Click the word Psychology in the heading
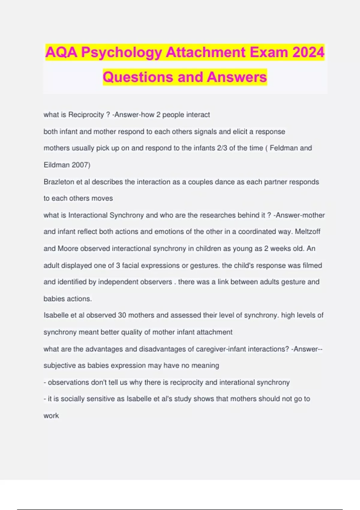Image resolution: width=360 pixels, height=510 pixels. click(121, 53)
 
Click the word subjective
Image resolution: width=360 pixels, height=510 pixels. click(60, 365)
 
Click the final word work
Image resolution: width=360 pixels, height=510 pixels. click(51, 415)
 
